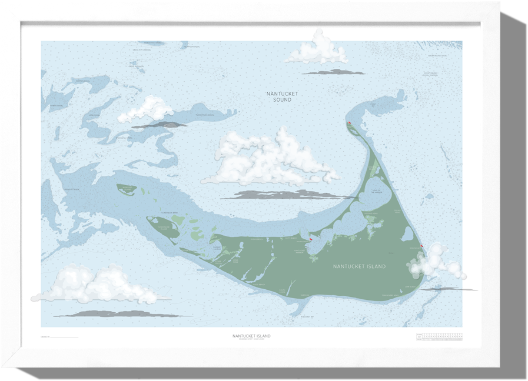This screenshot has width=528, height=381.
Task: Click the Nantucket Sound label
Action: (x=282, y=96)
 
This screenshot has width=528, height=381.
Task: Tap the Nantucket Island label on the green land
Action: (x=359, y=266)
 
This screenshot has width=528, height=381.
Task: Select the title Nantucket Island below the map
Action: (x=252, y=336)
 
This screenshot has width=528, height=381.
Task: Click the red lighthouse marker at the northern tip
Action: (x=350, y=123)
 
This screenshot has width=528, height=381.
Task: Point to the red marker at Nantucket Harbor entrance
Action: (x=310, y=239)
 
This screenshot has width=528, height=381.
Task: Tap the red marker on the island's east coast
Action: (x=422, y=246)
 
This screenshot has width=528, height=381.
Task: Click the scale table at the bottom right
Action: (x=439, y=336)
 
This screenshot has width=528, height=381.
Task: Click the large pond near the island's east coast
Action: (x=406, y=234)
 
